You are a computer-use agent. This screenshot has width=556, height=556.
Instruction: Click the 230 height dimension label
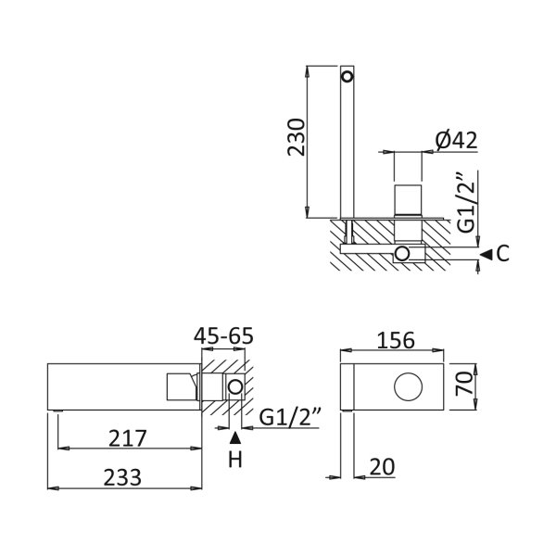pos(297,137)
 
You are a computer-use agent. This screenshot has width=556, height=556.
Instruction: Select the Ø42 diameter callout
pos(456,140)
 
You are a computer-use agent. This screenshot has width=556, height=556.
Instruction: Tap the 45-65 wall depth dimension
pos(223,335)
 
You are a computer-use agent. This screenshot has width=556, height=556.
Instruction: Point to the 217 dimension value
pos(128,438)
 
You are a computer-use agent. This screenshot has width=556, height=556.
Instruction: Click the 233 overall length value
pos(122,477)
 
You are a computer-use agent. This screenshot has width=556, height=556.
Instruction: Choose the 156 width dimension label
pos(396,340)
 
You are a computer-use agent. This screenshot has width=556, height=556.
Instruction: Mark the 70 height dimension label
pos(464,383)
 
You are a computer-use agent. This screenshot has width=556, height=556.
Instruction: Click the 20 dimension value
pos(382,467)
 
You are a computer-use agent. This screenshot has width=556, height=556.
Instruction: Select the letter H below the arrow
pos(235,460)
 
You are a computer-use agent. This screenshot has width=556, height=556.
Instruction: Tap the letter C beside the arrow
pos(503,254)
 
